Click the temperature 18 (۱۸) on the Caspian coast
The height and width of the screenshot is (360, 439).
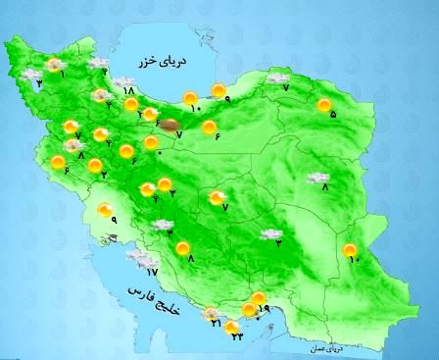(128, 92)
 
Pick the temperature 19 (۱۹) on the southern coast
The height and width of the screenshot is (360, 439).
(262, 309)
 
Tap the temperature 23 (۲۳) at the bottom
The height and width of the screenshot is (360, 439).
(236, 334)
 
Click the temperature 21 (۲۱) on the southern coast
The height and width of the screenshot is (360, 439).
(215, 324)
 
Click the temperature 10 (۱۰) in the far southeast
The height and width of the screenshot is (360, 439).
(355, 260)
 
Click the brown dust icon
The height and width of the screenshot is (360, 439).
(171, 125)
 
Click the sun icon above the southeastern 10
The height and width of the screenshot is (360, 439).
(350, 250)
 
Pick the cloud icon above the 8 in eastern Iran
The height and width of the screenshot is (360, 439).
(317, 178)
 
